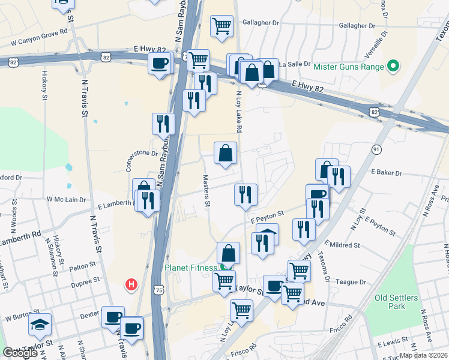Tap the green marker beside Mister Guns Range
coord(394,66)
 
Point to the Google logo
coord(20,352)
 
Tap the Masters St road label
coord(206,191)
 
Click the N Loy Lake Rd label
coord(238,112)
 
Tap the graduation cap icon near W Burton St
coord(40,325)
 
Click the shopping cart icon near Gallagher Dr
coord(221,26)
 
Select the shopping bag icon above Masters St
coord(226,153)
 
